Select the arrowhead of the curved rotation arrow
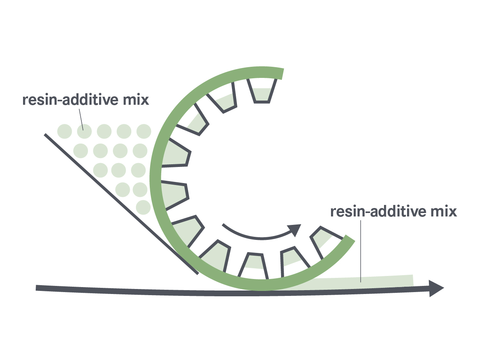[294, 230]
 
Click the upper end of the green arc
[282, 73]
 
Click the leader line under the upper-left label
[81, 119]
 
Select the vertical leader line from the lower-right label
[361, 249]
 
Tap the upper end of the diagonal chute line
[46, 135]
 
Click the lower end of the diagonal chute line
[197, 273]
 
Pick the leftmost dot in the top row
[65, 132]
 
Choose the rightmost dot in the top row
[144, 131]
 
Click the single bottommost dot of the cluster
[143, 207]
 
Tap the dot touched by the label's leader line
[84, 132]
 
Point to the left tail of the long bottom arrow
[37, 288]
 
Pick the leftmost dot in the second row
[81, 150]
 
